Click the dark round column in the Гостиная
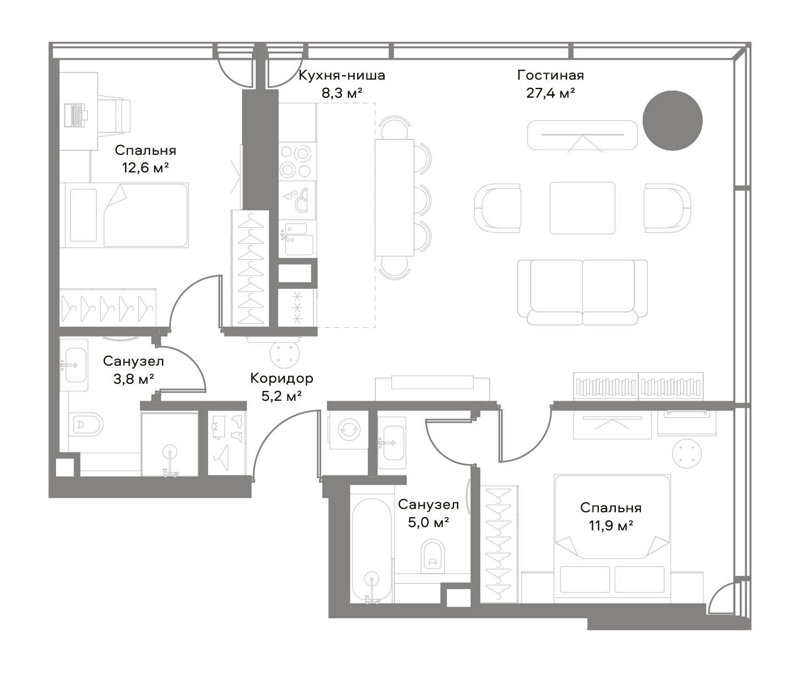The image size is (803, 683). point(672,120)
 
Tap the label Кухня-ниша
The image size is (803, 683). point(342,75)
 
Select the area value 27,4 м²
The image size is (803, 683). point(551,93)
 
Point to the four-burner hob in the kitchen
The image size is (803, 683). point(297,161)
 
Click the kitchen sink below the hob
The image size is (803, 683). point(297,238)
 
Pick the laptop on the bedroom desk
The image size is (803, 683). point(76,115)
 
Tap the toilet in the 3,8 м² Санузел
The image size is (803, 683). point(86,424)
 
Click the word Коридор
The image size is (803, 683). point(282,378)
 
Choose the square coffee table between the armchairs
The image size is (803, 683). point(582,208)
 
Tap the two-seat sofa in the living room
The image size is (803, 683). point(582,292)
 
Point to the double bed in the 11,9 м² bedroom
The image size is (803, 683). point(612,539)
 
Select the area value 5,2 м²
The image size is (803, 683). point(282,396)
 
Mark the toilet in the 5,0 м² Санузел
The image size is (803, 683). point(433,556)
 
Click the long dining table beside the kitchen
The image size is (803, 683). point(394,197)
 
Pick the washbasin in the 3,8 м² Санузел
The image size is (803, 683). point(75,365)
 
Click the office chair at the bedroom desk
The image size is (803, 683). point(115,115)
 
